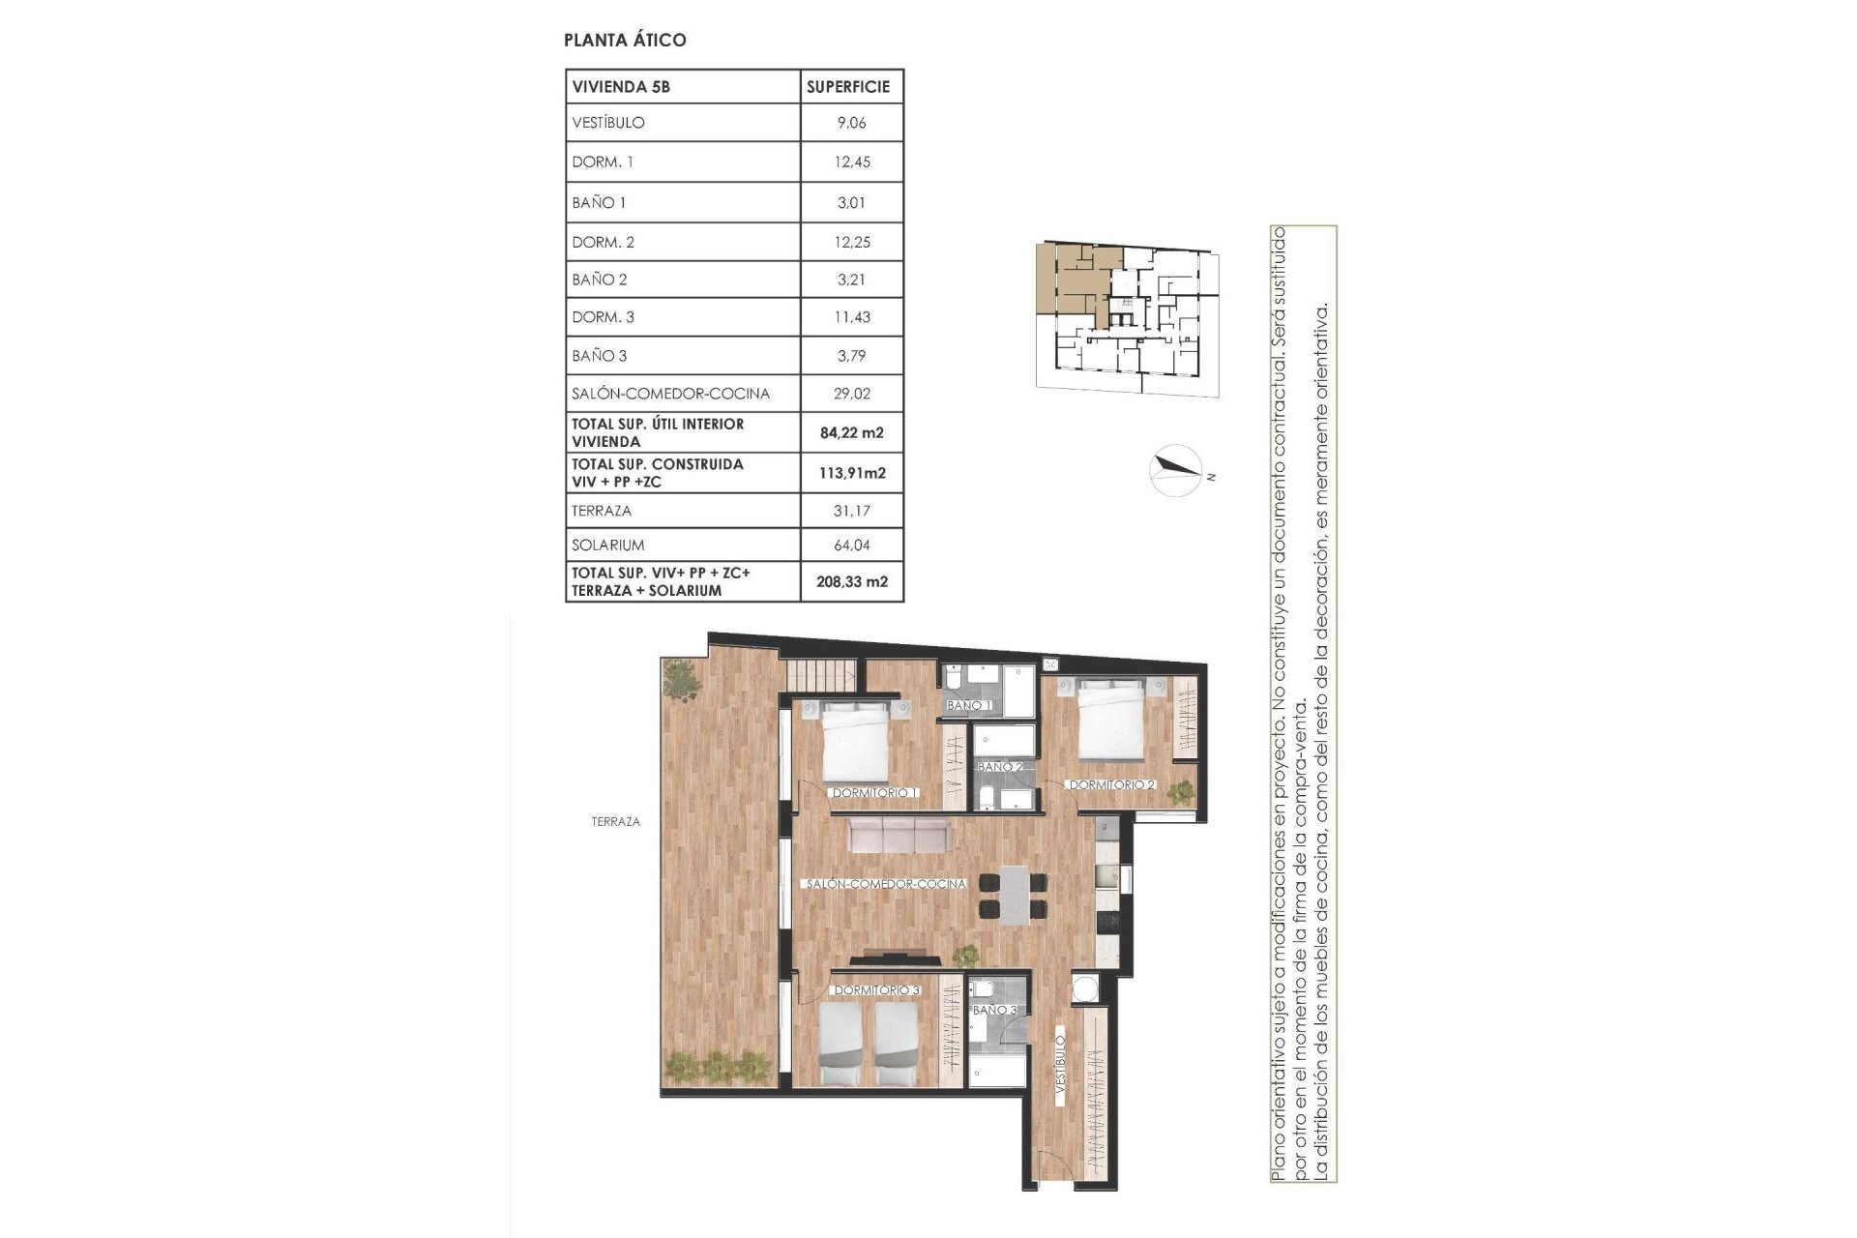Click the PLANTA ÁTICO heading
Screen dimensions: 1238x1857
tap(625, 40)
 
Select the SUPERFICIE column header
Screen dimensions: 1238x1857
tap(848, 86)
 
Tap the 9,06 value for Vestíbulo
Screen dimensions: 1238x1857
tap(851, 123)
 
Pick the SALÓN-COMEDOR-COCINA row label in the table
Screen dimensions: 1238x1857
tap(670, 394)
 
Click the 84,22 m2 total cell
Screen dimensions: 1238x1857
tap(851, 432)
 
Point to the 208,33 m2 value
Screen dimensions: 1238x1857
tap(851, 582)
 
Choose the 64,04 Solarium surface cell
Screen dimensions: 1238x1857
tap(851, 545)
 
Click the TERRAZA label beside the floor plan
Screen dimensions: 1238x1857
tap(615, 822)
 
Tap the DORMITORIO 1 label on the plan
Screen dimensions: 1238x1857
tap(874, 793)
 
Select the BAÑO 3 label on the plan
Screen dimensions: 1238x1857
tap(994, 1010)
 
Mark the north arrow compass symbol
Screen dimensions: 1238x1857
tap(1176, 471)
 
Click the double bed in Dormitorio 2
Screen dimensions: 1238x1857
tap(1112, 721)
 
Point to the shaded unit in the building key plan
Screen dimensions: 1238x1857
tap(1069, 279)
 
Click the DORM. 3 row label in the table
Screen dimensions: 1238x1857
tap(603, 317)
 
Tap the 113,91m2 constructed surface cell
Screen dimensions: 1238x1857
tap(851, 473)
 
